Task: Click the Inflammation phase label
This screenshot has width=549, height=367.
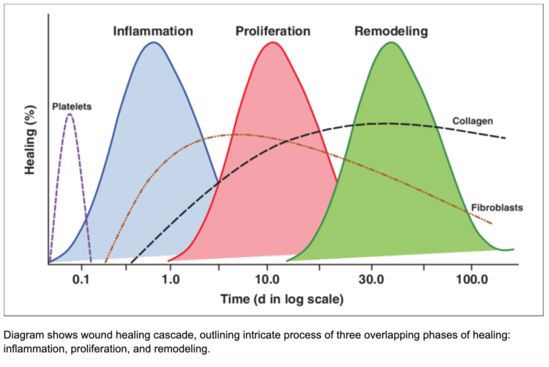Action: pos(152,31)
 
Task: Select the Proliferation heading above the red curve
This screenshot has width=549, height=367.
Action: pos(272,31)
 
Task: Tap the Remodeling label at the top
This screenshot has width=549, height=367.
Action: pos(391,31)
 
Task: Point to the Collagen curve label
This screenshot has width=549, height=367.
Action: pos(472,120)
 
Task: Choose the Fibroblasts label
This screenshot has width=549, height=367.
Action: pos(496,208)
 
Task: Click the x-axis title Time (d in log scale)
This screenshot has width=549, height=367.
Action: pos(282,299)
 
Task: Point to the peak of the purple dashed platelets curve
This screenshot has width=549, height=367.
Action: pos(70,114)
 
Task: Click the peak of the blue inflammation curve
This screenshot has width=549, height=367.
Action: pos(152,42)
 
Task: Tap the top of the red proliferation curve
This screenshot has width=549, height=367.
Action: pos(272,42)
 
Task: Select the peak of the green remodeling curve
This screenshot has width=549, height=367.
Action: pos(392,42)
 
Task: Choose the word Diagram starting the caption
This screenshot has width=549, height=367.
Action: pos(23,335)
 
